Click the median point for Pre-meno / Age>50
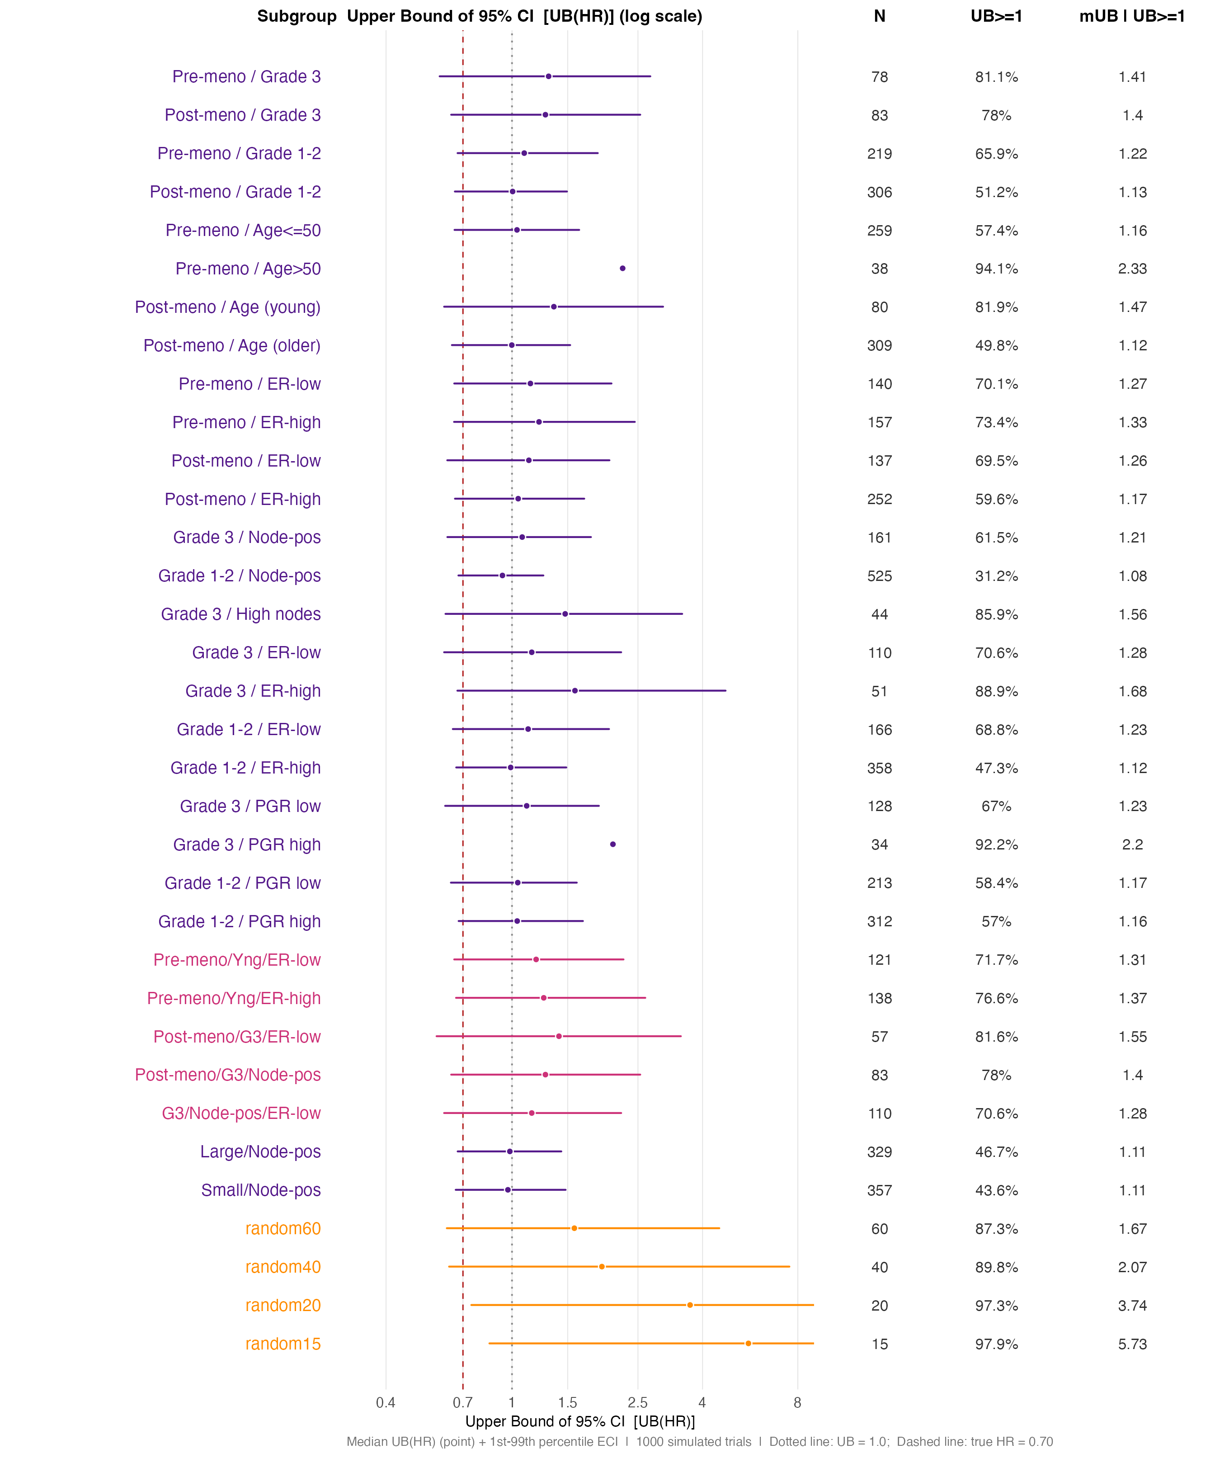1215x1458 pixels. tap(622, 268)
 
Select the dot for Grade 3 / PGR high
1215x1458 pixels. tap(612, 844)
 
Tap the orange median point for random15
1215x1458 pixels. tap(748, 1344)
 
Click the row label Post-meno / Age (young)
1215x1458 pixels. tap(228, 307)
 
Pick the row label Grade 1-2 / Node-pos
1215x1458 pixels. tap(240, 576)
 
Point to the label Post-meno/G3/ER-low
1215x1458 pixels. tap(237, 1037)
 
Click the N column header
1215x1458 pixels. tap(879, 16)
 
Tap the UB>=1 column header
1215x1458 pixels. tap(996, 16)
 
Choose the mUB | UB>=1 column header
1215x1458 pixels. tap(1132, 16)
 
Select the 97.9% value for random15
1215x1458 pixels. tap(996, 1344)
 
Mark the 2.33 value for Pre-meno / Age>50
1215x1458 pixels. tap(1132, 269)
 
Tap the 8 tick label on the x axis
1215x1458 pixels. tap(797, 1402)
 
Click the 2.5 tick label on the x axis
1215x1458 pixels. tap(637, 1402)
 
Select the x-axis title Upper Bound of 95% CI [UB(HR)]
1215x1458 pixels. tap(580, 1421)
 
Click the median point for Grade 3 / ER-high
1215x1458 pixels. tap(574, 691)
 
